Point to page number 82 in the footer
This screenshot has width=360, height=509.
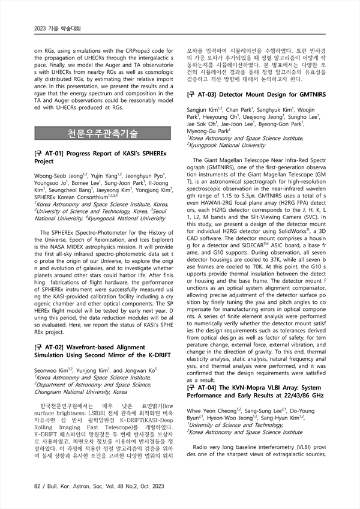coord(39,484)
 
